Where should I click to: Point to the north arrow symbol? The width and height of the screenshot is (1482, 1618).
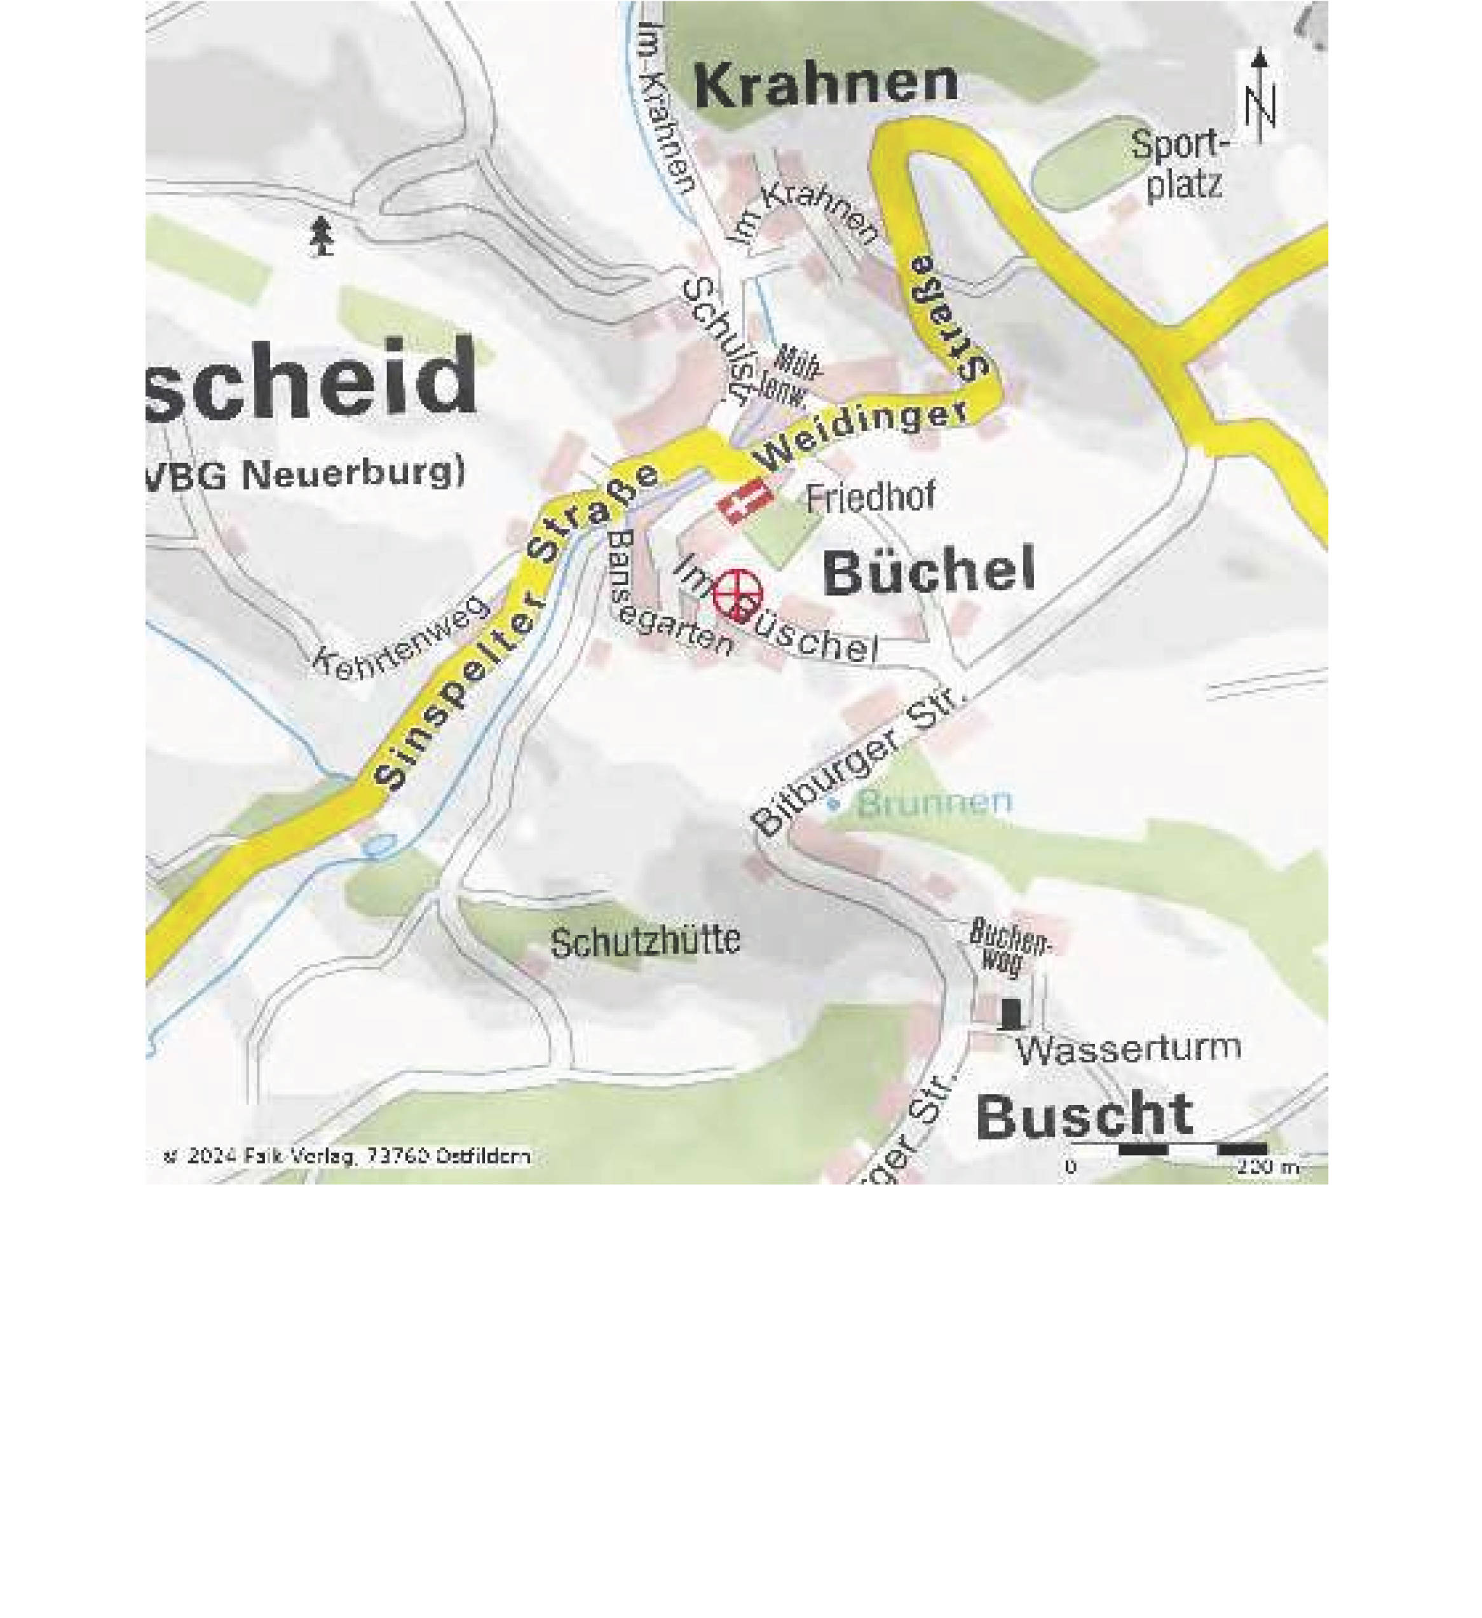coord(1259,96)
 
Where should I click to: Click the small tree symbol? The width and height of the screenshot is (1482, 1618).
coord(322,236)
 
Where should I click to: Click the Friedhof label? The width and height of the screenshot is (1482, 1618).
coord(871,498)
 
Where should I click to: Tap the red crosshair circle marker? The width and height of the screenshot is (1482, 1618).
coord(737,594)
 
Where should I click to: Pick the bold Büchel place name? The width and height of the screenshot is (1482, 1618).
coord(929,572)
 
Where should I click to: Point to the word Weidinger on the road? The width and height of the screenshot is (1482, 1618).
coord(862,437)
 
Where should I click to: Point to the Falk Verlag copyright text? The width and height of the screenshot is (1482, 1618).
coord(346,1156)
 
